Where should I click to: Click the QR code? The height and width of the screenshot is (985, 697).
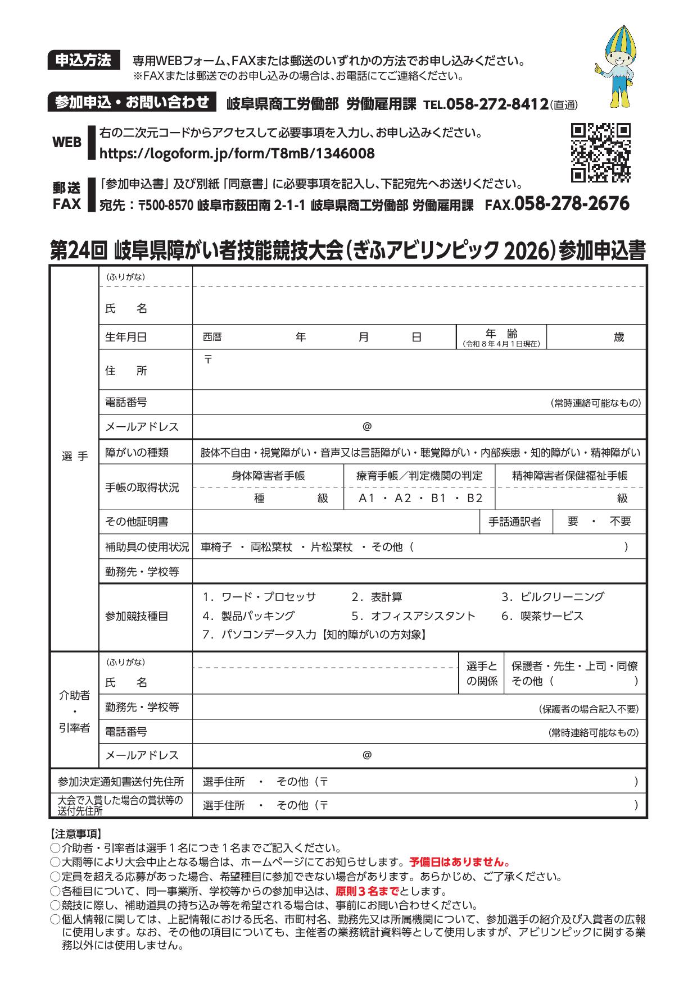coord(600,152)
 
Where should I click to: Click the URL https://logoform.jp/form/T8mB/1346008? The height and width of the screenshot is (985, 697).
coord(237,153)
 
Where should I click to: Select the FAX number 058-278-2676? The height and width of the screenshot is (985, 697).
coord(572,203)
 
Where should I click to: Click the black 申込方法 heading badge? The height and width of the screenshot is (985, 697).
coord(84,60)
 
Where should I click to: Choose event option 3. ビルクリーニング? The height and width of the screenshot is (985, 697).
coord(553,596)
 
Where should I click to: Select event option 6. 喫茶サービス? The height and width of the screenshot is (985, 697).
coord(542,615)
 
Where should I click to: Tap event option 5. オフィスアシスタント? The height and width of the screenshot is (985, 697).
coord(413,615)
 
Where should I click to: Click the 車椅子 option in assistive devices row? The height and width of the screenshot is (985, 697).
coord(216,547)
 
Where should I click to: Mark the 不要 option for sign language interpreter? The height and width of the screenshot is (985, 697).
coord(621,521)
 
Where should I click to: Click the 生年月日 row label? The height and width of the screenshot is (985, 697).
coord(126,337)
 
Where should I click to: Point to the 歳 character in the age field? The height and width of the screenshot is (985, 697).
coord(619,337)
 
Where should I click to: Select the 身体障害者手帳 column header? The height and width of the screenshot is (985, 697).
coord(268,476)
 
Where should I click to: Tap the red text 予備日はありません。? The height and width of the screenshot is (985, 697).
coord(460,861)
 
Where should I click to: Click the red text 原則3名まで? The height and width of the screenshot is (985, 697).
coord(367,891)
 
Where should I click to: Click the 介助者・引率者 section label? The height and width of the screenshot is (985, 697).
coord(74,712)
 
